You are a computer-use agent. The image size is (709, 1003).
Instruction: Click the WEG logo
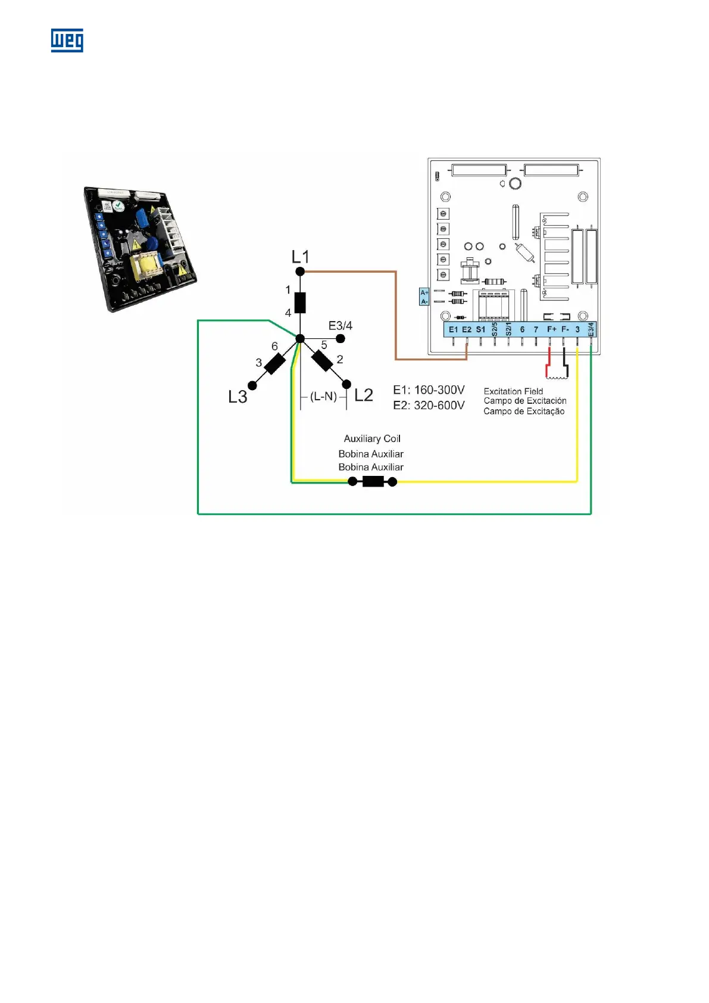tap(67, 41)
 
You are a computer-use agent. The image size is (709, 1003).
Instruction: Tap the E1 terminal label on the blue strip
tap(453, 329)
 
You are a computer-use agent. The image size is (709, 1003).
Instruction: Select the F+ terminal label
tap(551, 329)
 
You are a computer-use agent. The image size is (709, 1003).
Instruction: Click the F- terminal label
tap(565, 329)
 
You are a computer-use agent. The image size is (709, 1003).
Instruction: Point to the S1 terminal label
tap(480, 329)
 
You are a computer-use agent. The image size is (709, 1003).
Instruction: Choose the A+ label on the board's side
tap(424, 292)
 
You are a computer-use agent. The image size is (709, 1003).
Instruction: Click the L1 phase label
tap(301, 257)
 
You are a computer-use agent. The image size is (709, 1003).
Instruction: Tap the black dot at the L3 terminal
tap(252, 386)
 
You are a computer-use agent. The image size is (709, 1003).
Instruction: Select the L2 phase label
tap(363, 395)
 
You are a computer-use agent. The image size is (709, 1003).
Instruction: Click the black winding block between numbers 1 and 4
tap(301, 303)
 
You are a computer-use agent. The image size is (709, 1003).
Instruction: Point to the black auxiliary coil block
tap(373, 482)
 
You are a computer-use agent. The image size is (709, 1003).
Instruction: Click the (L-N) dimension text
tap(323, 396)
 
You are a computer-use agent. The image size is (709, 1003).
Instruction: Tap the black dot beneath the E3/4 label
tap(341, 338)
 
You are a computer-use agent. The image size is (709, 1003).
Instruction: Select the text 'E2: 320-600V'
tap(429, 405)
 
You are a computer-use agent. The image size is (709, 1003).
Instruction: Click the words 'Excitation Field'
tap(513, 391)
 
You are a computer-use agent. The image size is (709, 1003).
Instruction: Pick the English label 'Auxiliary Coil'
tap(372, 438)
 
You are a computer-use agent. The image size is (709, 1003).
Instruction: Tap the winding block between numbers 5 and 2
tap(322, 360)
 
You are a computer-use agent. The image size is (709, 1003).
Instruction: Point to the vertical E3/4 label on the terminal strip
tap(591, 329)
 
